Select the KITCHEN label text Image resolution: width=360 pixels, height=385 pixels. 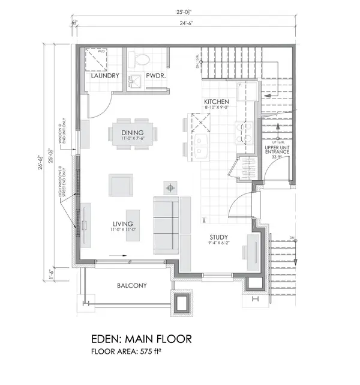pos(216,102)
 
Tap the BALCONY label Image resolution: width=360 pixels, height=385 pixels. pos(132,286)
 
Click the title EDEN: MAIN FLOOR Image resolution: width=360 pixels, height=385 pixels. pos(142,339)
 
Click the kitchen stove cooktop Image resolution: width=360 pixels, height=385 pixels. pos(245,133)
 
